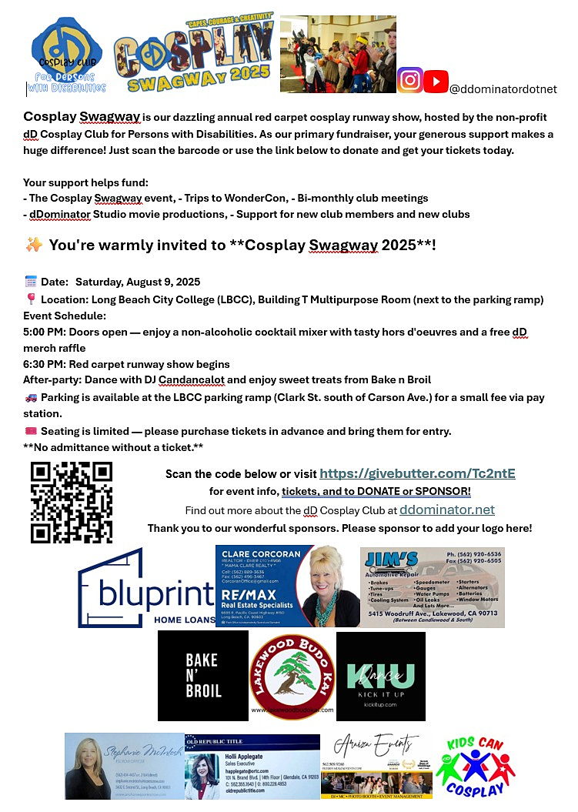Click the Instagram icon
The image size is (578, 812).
tap(409, 80)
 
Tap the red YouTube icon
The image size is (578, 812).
tap(436, 81)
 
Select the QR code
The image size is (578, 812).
tap(72, 502)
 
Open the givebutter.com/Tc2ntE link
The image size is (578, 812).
tap(417, 473)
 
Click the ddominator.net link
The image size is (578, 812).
tap(446, 510)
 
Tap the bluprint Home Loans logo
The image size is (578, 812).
tap(146, 587)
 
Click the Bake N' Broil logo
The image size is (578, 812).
tap(202, 676)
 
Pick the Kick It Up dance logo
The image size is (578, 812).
tap(381, 676)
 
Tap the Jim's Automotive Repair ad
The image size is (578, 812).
tap(432, 587)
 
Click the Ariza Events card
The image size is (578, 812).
tap(376, 766)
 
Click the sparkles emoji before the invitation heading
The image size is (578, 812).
tap(34, 246)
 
